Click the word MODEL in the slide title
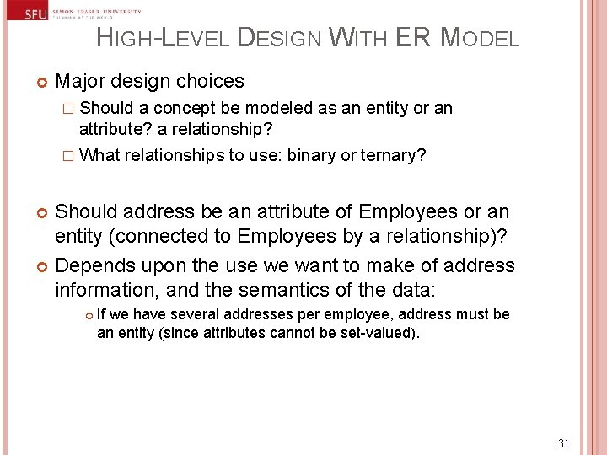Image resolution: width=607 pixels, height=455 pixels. [481, 38]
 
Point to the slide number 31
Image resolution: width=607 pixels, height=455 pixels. [564, 443]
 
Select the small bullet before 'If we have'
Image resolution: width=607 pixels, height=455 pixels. [88, 315]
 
